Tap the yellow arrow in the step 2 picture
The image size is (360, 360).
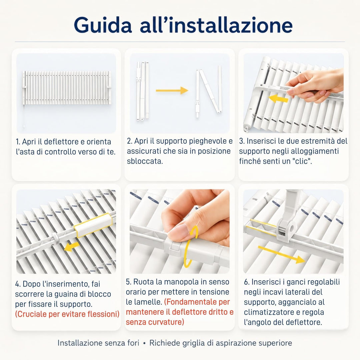point(172,90)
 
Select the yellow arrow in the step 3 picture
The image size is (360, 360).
point(278,99)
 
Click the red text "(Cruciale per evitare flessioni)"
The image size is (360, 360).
point(67,314)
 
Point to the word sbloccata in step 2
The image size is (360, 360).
point(145,161)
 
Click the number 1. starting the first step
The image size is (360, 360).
point(18,142)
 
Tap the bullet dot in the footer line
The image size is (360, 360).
point(144,343)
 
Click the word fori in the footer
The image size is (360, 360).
point(133,343)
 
